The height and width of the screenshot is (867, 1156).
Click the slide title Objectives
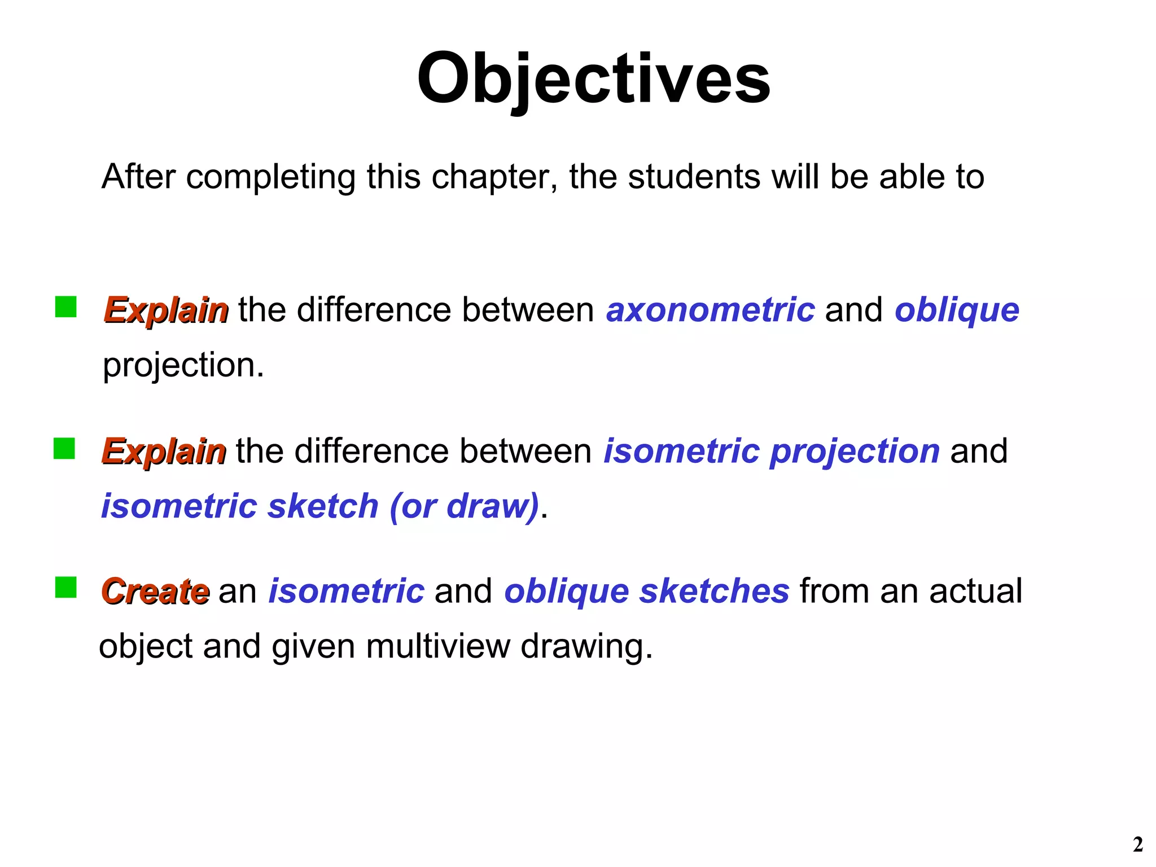coord(593,79)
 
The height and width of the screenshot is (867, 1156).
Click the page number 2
coord(1137,844)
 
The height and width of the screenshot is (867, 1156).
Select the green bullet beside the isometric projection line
coord(64,449)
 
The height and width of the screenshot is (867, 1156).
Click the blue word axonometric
coord(710,310)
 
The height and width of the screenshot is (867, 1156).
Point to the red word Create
coord(155,591)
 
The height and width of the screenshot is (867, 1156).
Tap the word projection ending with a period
coord(183,365)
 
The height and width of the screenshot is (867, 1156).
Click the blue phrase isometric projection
coord(772,451)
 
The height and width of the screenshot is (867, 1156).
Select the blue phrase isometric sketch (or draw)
coord(320,506)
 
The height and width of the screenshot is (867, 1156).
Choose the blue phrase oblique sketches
coord(646,591)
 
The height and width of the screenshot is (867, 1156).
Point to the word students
coord(694,177)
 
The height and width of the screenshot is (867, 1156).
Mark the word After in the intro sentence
coord(139,177)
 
